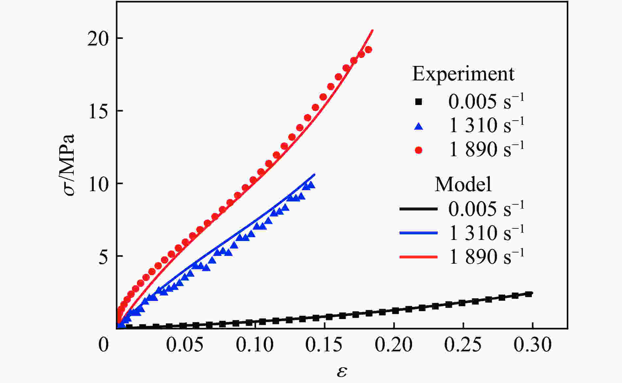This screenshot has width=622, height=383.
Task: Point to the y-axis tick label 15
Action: [x=98, y=112]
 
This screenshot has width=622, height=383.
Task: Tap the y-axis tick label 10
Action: [x=98, y=185]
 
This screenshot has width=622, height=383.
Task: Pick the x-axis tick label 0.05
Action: [x=184, y=345]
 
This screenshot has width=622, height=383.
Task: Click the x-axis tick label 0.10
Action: [x=255, y=345]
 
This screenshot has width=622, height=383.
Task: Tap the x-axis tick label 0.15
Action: [x=324, y=345]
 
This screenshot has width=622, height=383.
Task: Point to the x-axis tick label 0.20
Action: [x=394, y=345]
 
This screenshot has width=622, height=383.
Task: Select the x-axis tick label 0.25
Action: [x=463, y=345]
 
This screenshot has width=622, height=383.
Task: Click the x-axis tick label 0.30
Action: [x=532, y=345]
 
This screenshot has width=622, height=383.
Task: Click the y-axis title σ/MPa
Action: [x=70, y=165]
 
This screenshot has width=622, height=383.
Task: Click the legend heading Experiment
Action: [x=463, y=74]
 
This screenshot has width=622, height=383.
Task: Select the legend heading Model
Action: [x=463, y=184]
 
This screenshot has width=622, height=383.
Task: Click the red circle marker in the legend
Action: [x=419, y=150]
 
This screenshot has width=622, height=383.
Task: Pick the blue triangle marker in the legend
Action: [x=419, y=126]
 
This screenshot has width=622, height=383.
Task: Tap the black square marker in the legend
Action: [x=419, y=102]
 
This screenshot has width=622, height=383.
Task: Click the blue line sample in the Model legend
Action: [x=419, y=233]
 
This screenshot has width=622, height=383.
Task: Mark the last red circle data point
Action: [x=369, y=50]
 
